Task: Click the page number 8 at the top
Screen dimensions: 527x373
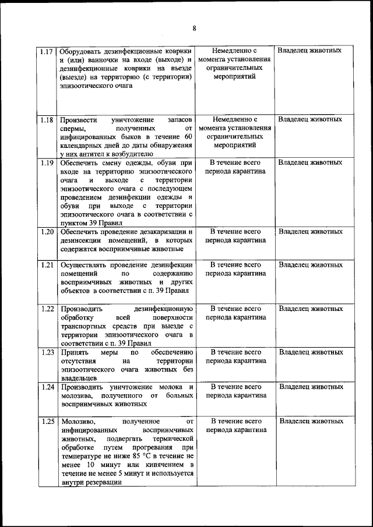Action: pos(195,28)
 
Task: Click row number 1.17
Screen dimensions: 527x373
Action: pos(48,51)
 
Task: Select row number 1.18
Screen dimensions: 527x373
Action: pos(48,119)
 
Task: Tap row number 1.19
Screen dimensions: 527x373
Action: pos(48,162)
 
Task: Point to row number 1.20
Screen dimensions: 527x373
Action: pos(48,232)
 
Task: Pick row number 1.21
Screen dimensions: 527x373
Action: pos(48,265)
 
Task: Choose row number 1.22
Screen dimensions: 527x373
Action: pos(48,309)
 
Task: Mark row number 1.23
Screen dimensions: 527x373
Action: pos(48,352)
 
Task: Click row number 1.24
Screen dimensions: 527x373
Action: pos(48,387)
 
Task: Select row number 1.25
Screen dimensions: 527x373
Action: pos(48,421)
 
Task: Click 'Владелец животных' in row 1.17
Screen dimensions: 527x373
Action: pos(309,50)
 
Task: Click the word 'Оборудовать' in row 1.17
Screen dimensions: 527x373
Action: pos(83,51)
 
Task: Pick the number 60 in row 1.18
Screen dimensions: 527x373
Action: pos(187,136)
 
